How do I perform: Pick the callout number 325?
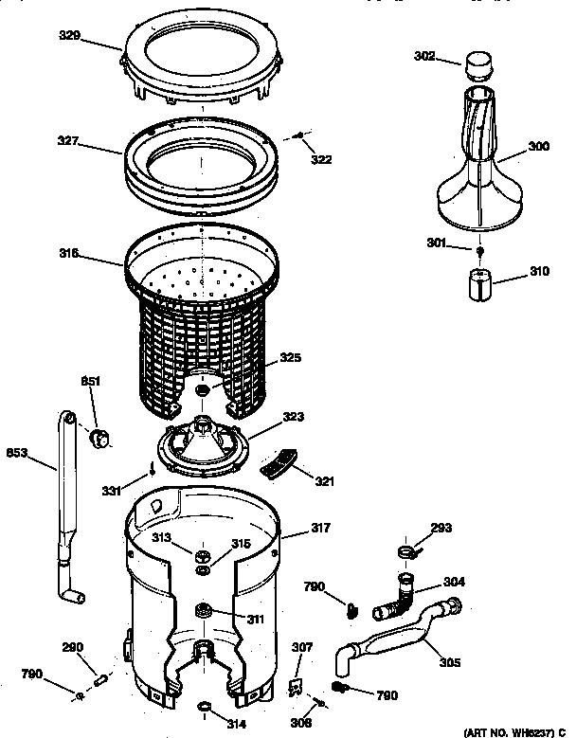click(x=290, y=359)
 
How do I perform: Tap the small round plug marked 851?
click(x=99, y=436)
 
